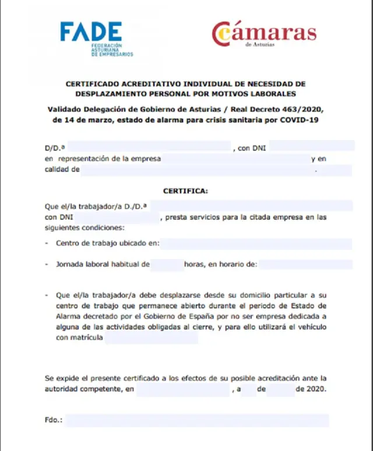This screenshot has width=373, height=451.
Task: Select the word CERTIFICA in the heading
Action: [185, 191]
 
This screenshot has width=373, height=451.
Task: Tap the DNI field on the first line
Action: [312, 146]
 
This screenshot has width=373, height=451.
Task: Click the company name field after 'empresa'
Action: [235, 159]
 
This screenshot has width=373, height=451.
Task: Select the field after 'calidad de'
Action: [216, 170]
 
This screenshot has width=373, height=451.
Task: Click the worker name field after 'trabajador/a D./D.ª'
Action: [251, 205]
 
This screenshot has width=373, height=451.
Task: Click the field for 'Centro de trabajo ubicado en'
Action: [256, 243]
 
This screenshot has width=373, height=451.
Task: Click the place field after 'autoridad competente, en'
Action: [182, 389]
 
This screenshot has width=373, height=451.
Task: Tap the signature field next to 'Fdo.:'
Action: [197, 421]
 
